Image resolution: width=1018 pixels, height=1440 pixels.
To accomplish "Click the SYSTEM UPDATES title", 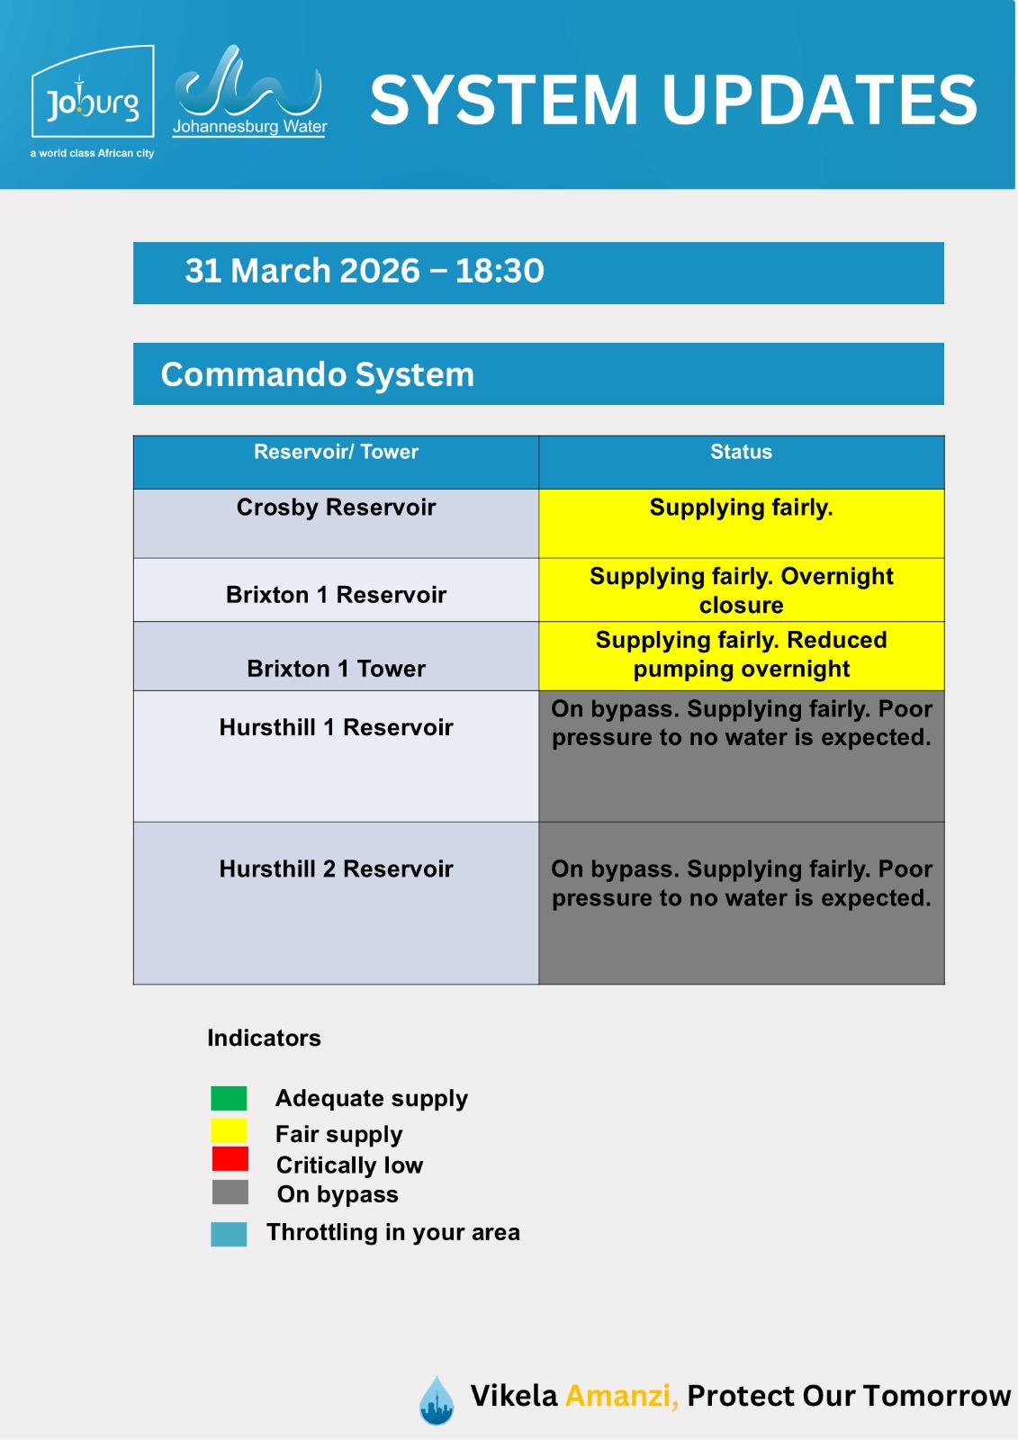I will (673, 100).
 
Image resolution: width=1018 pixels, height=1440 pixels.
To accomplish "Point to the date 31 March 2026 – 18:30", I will (365, 271).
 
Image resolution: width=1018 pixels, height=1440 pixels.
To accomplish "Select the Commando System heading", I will (317, 374).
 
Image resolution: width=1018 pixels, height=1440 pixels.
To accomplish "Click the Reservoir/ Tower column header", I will (336, 452).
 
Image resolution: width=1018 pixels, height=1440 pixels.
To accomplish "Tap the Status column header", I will (741, 452).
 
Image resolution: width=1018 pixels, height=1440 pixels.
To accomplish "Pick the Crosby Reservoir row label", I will (336, 508).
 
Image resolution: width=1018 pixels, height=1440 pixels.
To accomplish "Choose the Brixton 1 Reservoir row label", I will (336, 595).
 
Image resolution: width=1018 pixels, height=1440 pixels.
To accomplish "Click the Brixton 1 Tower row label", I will (336, 669).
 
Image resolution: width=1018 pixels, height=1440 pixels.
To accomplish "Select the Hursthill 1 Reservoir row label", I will (336, 727).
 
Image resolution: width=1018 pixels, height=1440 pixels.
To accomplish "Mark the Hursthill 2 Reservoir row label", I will (336, 868).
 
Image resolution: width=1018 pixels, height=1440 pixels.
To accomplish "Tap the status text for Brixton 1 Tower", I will (741, 654).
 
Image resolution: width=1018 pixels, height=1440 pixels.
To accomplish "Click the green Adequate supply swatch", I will (229, 1098).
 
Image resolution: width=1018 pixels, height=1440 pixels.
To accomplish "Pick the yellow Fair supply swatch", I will (229, 1130).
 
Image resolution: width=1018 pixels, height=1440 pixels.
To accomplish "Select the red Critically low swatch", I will (230, 1159).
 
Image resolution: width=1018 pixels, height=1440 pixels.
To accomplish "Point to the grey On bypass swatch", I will (230, 1192).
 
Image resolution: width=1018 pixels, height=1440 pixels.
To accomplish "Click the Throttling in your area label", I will (392, 1232).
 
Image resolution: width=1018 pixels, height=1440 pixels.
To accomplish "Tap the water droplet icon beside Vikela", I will (437, 1400).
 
